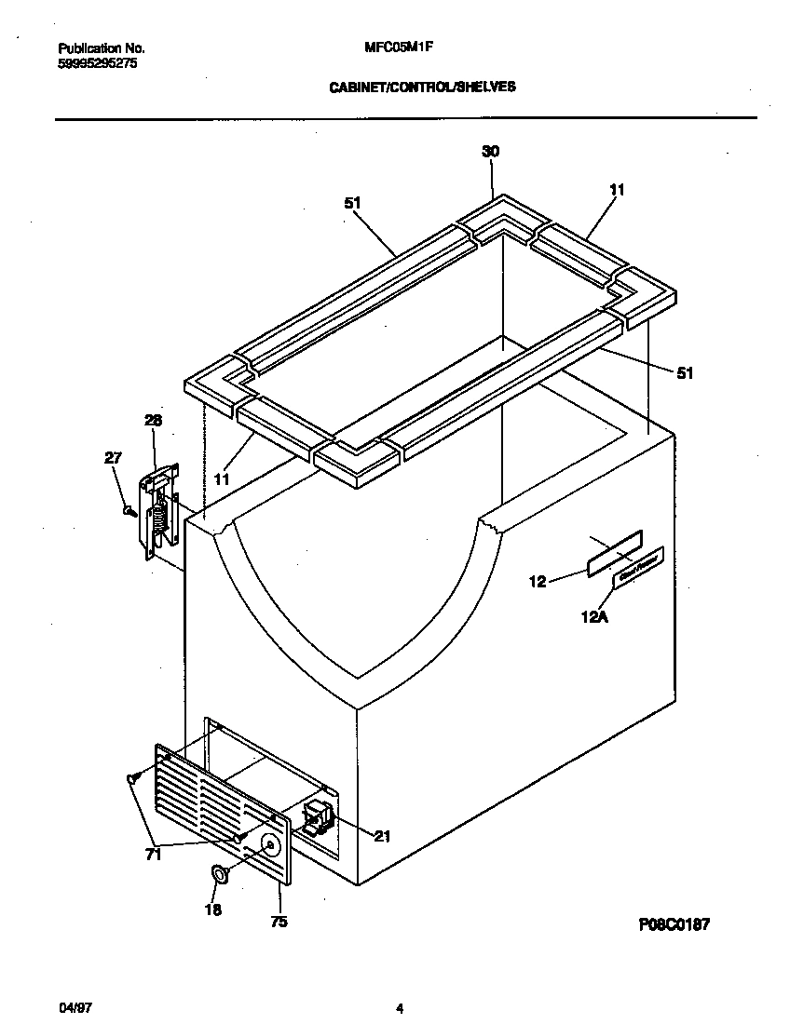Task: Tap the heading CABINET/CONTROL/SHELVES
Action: click(x=423, y=87)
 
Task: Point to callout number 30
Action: click(x=491, y=152)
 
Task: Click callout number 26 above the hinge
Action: click(x=153, y=421)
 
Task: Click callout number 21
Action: click(x=382, y=835)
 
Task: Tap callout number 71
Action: click(x=153, y=855)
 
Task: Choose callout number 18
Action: click(x=212, y=909)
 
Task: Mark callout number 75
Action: click(x=279, y=923)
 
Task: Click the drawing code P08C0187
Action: click(x=674, y=924)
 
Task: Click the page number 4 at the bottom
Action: click(x=399, y=1008)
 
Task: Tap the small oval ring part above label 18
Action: click(x=221, y=874)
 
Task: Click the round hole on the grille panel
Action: click(x=270, y=845)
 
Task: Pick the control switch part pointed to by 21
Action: click(x=318, y=815)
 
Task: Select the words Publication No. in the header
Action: click(x=102, y=47)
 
